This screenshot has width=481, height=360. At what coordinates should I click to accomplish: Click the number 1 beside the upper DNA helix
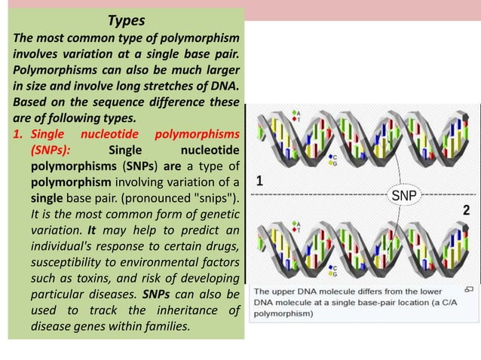click(259, 182)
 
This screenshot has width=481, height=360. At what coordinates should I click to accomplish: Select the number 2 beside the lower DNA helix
click(466, 209)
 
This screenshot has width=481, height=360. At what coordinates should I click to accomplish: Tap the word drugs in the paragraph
click(222, 246)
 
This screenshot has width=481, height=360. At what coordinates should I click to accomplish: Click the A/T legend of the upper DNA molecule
click(298, 116)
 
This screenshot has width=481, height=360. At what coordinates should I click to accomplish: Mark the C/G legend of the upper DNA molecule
click(333, 159)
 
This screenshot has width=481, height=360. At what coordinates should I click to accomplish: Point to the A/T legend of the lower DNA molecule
click(298, 227)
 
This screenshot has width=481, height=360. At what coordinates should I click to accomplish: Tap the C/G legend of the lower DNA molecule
click(334, 271)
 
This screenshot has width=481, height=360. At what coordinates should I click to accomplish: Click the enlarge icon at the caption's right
click(468, 289)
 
